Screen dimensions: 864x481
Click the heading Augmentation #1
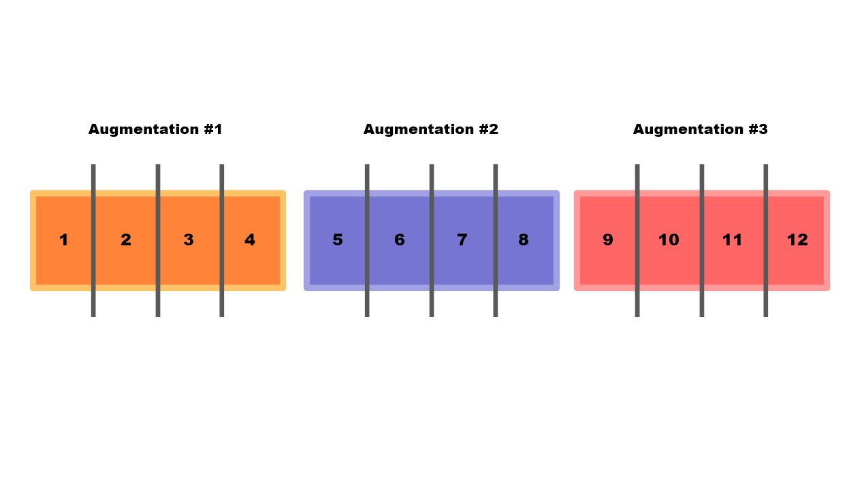pos(155,129)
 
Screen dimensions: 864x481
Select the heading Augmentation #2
pos(430,129)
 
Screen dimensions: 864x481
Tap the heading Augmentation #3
pos(700,129)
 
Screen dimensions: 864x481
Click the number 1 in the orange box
pos(63,240)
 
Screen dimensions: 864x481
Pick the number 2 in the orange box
pos(126,240)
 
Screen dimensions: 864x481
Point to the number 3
pos(189,240)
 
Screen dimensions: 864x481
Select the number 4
pos(250,240)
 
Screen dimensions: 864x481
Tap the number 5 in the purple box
pos(338,240)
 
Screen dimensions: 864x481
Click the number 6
pos(400,240)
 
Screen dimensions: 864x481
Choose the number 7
pos(462,240)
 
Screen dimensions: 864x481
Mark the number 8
pos(523,240)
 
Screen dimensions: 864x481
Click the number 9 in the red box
pos(608,240)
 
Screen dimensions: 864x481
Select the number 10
pos(669,240)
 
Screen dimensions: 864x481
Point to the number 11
pos(732,240)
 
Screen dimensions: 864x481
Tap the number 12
pos(797,240)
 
